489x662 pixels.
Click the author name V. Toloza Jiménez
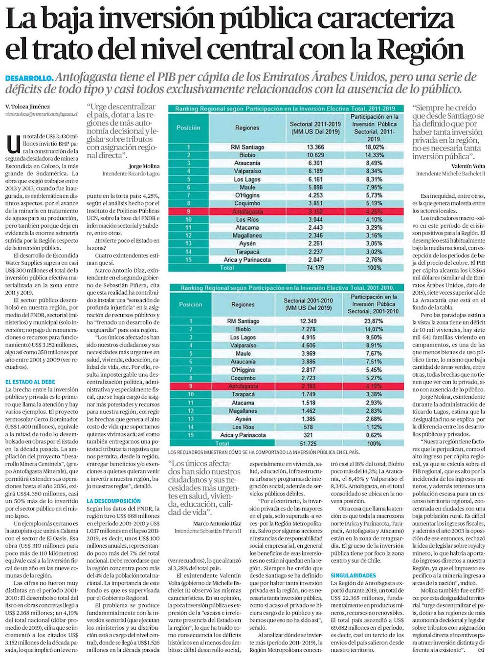tap(27, 107)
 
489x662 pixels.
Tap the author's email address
tap(42, 113)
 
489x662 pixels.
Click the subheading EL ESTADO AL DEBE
tap(30, 382)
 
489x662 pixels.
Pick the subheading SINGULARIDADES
tap(354, 576)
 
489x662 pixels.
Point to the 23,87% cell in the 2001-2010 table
tap(374, 321)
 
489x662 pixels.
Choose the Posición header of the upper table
tap(188, 128)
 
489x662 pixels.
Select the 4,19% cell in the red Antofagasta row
tap(374, 386)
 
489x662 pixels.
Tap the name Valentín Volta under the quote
tap(459, 166)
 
